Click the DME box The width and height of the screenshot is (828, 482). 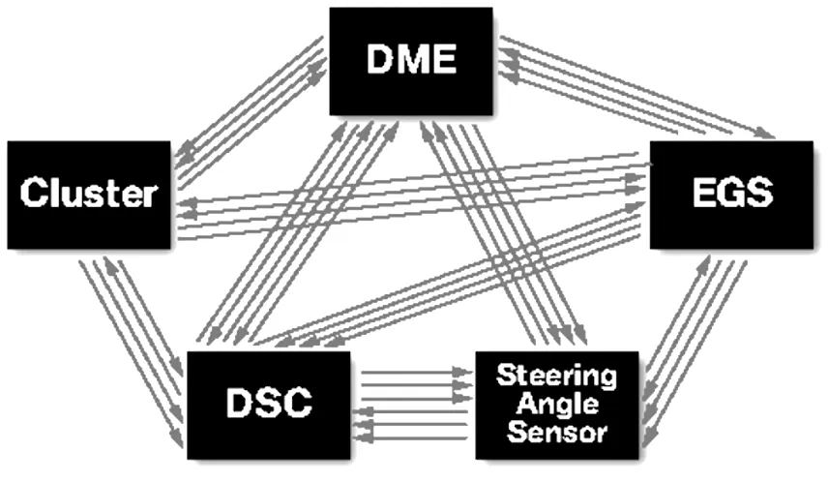coord(412,61)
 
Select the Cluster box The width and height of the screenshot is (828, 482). coord(88,193)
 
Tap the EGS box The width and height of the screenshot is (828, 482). coord(731,193)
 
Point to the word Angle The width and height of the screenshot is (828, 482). coord(556,403)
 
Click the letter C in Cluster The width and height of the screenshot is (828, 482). coord(33,194)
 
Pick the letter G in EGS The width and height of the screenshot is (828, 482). coord(731,193)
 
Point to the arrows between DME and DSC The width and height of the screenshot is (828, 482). coord(300,232)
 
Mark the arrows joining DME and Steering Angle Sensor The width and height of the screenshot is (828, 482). coord(503,232)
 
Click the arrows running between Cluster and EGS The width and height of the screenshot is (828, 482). coord(411,194)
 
